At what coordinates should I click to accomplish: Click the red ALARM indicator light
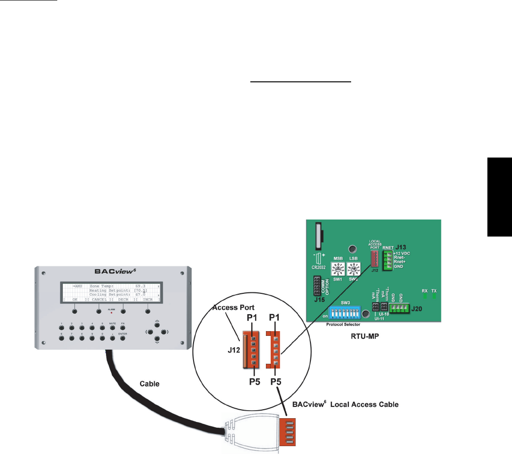click(111, 313)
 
